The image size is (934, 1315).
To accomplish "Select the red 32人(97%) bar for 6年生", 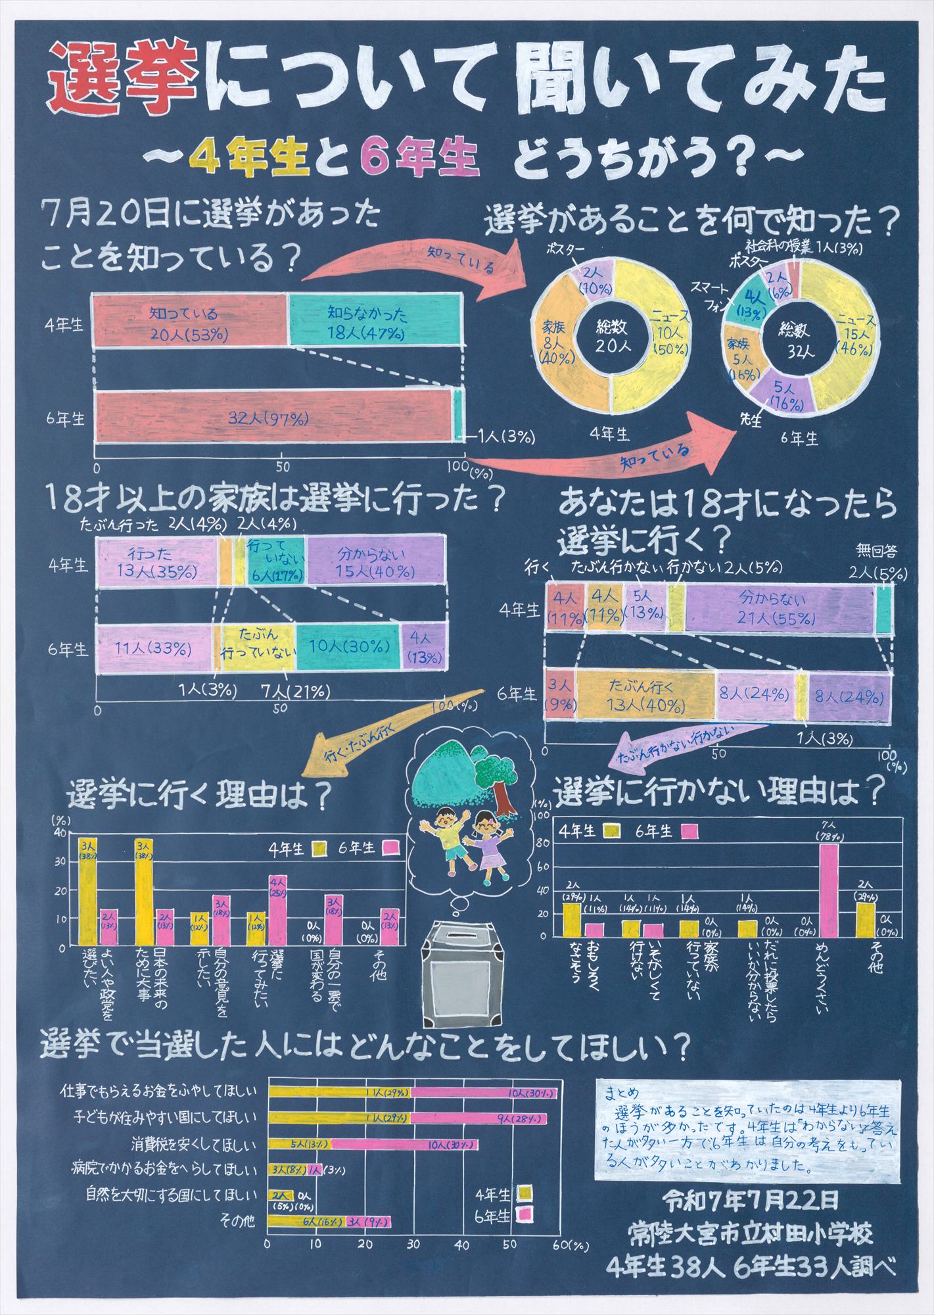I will (x=273, y=417).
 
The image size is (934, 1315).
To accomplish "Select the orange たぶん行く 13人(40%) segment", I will (x=645, y=694).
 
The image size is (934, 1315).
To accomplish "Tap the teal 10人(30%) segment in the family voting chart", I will (x=346, y=649).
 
